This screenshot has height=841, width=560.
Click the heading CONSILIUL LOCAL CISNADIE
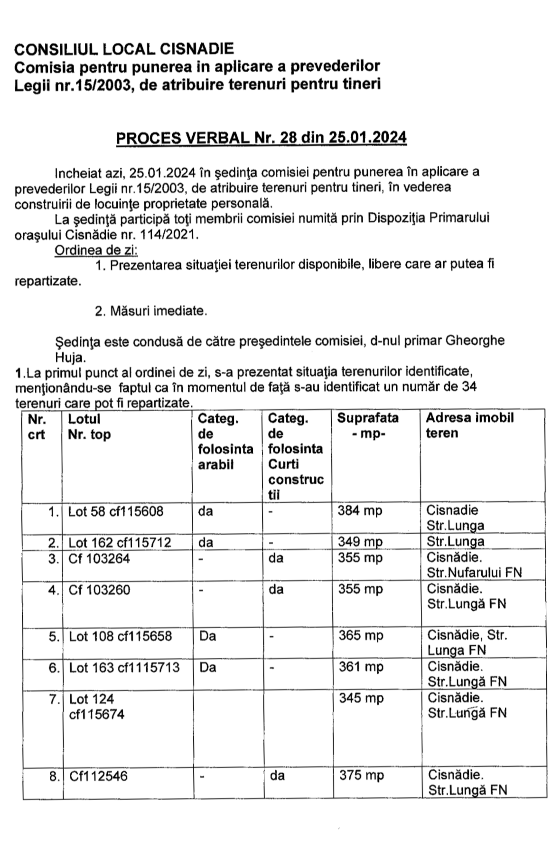(x=124, y=48)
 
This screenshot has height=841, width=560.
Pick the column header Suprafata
(x=368, y=418)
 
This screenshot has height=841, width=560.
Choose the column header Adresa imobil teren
(x=469, y=425)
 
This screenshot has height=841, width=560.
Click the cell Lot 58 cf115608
(x=116, y=511)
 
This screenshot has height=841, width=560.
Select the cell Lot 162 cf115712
(x=120, y=542)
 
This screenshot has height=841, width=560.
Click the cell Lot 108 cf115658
(x=121, y=636)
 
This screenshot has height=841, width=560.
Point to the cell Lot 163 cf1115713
(x=124, y=667)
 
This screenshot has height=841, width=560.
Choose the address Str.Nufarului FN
(x=474, y=572)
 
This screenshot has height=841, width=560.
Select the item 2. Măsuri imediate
(x=151, y=311)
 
